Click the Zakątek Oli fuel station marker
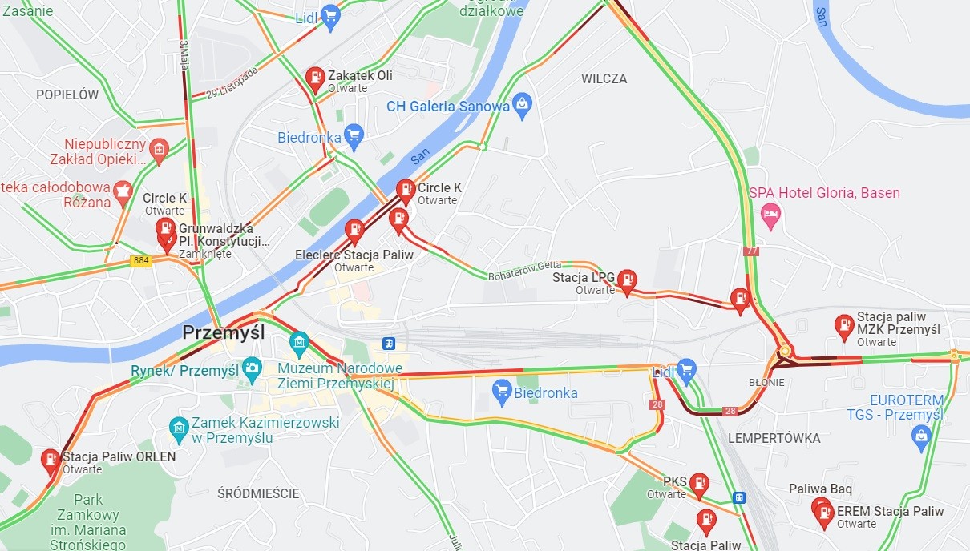(316, 78)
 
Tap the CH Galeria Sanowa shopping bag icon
(523, 104)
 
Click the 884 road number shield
(141, 261)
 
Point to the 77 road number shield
(750, 251)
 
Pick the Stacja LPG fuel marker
(627, 280)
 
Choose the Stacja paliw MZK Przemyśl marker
(843, 325)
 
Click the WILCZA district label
(604, 78)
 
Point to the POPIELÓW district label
(67, 95)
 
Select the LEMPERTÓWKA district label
(774, 438)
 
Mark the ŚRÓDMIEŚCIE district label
(258, 493)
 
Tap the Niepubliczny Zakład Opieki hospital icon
(159, 149)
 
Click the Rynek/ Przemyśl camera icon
(252, 370)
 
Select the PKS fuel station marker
(699, 483)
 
